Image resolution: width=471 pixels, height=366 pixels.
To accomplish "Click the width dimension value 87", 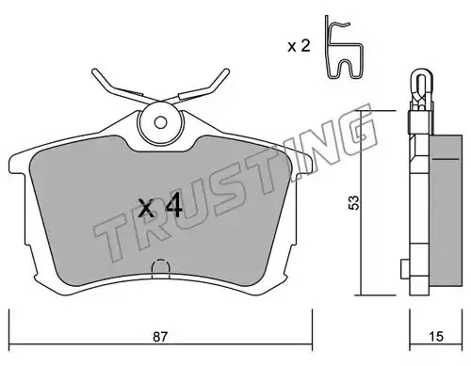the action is [160, 337].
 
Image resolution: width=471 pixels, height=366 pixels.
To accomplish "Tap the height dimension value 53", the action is [354, 202].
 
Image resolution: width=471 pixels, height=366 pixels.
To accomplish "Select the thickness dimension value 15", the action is [436, 337].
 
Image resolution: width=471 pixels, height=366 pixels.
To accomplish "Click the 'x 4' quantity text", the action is [160, 205].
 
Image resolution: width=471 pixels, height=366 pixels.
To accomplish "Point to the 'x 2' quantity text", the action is [299, 46].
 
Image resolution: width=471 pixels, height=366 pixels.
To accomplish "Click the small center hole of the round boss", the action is [160, 122].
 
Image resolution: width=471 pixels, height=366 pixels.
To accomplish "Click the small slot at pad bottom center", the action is [161, 269].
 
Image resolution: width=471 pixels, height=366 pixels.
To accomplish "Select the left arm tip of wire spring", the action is [94, 72].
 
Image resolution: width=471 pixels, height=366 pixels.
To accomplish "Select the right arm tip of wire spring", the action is [226, 72].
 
